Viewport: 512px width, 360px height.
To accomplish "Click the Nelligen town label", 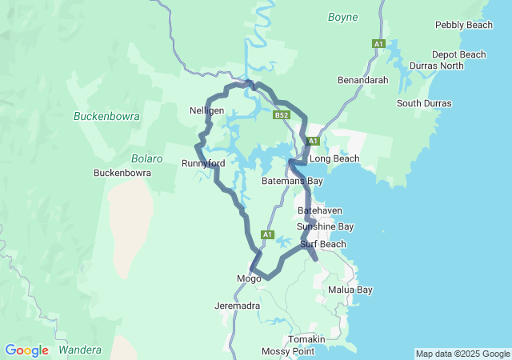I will coord(206,110).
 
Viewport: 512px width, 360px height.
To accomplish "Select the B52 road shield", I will coord(281,115).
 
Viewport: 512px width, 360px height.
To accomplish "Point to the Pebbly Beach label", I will coord(464,26).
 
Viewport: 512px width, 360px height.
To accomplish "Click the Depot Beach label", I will coord(458,54).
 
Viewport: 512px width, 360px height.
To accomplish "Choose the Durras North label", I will coord(436,66).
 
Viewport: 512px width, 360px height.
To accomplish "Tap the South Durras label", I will coord(424,103).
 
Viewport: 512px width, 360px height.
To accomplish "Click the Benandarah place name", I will coord(362,81).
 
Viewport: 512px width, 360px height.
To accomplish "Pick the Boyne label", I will coord(343,17).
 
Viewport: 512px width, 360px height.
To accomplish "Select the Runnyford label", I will coord(203,163).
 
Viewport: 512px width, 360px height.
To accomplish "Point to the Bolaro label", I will coord(147,158).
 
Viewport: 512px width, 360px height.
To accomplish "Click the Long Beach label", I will coord(334,158).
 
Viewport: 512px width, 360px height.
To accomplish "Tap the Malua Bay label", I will coord(350,290).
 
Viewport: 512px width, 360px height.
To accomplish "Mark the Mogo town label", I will coord(249,278).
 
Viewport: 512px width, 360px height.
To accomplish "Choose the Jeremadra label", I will coord(237,306).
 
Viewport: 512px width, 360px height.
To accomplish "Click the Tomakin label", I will coord(306,339).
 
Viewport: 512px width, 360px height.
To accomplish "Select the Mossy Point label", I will coord(288,351).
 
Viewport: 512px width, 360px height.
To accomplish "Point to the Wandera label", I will coord(81,350).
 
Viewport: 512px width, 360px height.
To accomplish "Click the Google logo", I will coord(26,350).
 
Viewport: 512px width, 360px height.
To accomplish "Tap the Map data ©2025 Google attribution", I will coord(462,354).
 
